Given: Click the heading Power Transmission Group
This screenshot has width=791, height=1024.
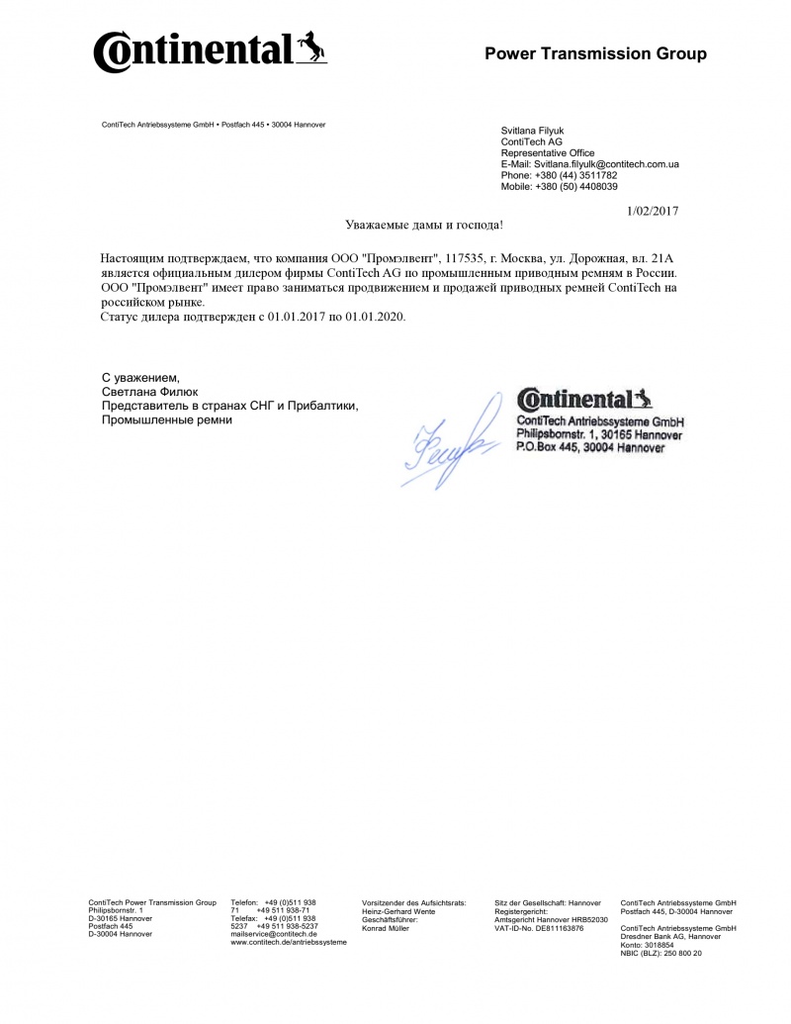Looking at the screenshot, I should [595, 53].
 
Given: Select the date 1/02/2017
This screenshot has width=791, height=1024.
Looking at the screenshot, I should [654, 210].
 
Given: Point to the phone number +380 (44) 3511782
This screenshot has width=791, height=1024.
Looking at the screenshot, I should [574, 175].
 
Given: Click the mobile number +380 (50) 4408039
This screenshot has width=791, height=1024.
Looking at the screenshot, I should [576, 186].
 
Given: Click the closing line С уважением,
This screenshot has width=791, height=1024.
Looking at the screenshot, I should [141, 378].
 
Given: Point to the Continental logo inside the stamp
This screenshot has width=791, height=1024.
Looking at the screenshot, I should [584, 400].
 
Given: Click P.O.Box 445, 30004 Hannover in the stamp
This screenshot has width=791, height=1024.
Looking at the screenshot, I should [590, 448].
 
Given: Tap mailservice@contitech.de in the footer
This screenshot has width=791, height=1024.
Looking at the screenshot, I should [274, 934].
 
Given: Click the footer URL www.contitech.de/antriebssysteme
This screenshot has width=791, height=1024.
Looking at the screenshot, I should [289, 943].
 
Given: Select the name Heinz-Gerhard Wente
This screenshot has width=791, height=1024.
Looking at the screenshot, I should [398, 911].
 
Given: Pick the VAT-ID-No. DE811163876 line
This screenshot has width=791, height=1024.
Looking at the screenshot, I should [539, 928].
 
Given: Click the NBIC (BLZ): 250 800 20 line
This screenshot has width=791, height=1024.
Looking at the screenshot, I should [660, 953].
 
